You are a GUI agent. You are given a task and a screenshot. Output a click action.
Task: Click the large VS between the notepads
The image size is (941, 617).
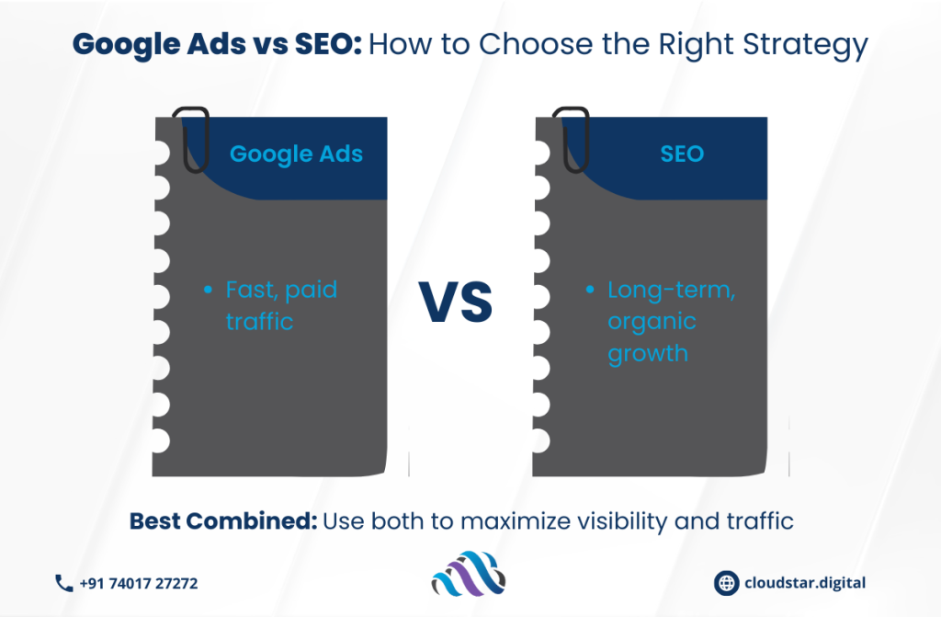pyautogui.click(x=456, y=302)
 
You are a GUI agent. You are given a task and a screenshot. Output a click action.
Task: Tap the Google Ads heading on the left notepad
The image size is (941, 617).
pyautogui.click(x=297, y=154)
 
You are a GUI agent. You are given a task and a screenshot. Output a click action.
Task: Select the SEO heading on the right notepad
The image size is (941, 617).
pyautogui.click(x=682, y=154)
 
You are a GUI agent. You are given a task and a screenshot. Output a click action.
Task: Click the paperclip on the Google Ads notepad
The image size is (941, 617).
pyautogui.click(x=191, y=140)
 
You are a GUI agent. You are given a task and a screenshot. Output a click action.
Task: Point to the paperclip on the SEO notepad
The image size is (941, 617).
pyautogui.click(x=571, y=140)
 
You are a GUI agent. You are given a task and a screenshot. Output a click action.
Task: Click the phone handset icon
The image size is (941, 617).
pyautogui.click(x=63, y=583)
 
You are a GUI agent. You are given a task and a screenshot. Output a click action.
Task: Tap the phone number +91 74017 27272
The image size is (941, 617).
pyautogui.click(x=139, y=583)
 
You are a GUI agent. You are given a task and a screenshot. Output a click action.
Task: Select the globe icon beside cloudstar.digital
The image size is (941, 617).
pyautogui.click(x=726, y=583)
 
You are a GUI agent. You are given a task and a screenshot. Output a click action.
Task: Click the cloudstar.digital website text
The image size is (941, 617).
pyautogui.click(x=805, y=583)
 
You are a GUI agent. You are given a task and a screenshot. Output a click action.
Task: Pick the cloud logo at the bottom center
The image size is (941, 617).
pyautogui.click(x=468, y=574)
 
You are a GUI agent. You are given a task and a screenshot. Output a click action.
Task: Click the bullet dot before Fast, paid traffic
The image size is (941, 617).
pyautogui.click(x=208, y=290)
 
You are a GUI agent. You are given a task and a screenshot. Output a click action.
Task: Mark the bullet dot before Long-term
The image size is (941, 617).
pyautogui.click(x=590, y=290)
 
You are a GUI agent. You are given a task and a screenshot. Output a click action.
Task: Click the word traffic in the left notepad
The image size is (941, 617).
pyautogui.click(x=259, y=322)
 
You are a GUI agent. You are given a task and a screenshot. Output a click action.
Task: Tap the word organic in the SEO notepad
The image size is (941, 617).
pyautogui.click(x=652, y=323)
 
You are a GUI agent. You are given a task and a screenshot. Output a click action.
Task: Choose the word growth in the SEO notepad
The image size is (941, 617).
pyautogui.click(x=648, y=354)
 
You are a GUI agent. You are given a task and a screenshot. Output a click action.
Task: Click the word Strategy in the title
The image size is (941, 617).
pyautogui.click(x=805, y=45)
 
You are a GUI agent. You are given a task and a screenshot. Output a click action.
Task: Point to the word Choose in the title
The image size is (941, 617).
pyautogui.click(x=536, y=44)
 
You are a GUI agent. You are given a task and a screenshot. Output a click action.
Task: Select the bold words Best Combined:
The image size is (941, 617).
pyautogui.click(x=223, y=520)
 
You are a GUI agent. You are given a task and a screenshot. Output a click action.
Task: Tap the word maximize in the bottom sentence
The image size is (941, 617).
pyautogui.click(x=516, y=520)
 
